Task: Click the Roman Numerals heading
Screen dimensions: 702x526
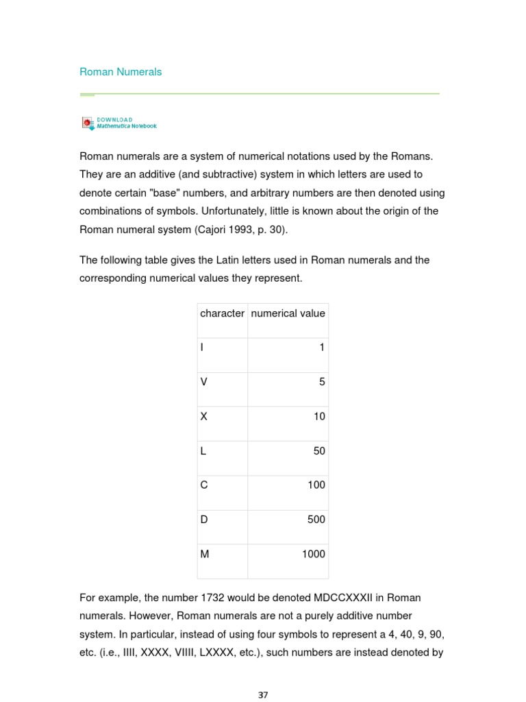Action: tap(121, 72)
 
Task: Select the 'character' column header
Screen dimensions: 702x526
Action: tap(222, 313)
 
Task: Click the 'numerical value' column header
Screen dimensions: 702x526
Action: tap(288, 313)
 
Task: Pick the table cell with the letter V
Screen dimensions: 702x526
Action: tap(203, 383)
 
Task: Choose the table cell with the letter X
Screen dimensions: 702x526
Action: tap(203, 417)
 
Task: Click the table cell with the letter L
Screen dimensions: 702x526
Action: tap(203, 451)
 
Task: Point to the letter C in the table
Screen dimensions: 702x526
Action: tap(203, 485)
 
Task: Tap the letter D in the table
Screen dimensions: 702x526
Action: tap(203, 520)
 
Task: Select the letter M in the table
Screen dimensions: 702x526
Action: tap(204, 554)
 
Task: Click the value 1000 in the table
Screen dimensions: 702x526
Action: tap(314, 554)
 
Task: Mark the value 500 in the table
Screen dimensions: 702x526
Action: tap(316, 520)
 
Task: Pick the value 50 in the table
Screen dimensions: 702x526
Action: tap(319, 451)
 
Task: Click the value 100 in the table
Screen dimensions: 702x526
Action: tap(316, 485)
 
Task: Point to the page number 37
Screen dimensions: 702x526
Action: tap(263, 694)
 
